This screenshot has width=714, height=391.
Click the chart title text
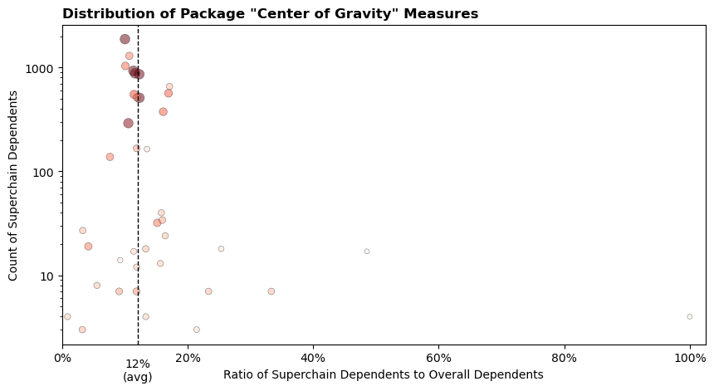click(270, 14)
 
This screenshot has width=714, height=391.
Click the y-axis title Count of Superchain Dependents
click(14, 186)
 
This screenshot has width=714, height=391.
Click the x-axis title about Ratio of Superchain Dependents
click(383, 375)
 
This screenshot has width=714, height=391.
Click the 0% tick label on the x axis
click(62, 359)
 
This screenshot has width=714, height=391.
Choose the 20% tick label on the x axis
click(188, 359)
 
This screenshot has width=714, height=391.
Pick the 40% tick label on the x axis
click(313, 359)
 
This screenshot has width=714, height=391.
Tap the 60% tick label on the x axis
click(438, 359)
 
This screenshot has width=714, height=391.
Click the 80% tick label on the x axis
click(564, 359)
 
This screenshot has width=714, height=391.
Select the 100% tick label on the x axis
click(689, 359)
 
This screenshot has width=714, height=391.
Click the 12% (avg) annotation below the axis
click(138, 370)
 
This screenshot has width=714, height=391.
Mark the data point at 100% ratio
click(690, 316)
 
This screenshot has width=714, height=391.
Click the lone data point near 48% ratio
click(367, 252)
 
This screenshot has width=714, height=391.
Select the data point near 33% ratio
click(271, 291)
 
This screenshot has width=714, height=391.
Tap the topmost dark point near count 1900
click(125, 39)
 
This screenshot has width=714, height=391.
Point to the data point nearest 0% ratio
click(67, 316)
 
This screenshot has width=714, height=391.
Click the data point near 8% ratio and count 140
click(110, 157)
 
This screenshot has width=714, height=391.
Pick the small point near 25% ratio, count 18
click(221, 249)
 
